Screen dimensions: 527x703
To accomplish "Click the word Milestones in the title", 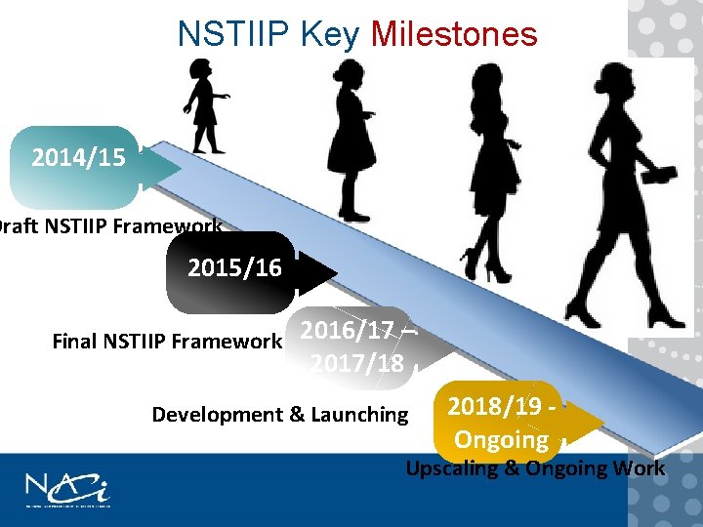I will (454, 34).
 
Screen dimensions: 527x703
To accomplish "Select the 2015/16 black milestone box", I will (234, 268).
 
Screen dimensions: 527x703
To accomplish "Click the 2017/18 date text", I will (357, 364).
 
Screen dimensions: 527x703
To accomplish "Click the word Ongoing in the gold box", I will (501, 440).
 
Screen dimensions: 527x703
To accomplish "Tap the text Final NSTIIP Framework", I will (166, 342).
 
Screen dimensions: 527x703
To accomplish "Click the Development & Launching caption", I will (280, 415).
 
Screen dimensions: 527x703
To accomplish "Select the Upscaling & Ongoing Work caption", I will (535, 468).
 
